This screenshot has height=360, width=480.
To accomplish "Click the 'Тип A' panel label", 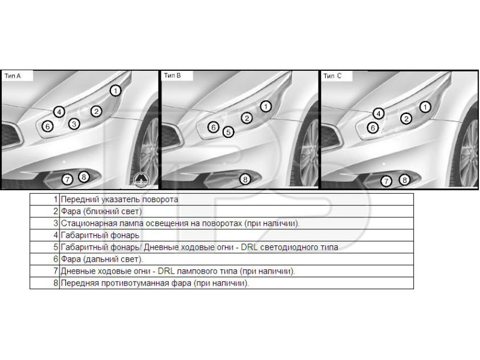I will pos(13,76).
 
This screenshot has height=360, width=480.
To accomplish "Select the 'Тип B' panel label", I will pos(172,76).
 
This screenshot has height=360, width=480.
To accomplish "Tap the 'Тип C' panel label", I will pos(332,76).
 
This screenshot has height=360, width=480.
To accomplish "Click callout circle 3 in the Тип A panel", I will pos(74,124).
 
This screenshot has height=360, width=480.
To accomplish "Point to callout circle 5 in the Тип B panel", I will pos(227,132).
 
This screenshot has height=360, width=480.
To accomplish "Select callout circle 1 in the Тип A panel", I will pos(116,90).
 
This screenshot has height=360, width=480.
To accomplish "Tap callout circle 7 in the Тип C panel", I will pos(387,181).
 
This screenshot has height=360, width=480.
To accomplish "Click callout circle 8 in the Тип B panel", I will pos(244,179).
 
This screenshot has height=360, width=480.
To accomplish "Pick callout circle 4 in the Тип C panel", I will pos(378,113).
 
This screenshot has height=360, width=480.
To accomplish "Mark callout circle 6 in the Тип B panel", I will pos(213,127).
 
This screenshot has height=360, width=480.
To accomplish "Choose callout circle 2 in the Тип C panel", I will pos(406,119).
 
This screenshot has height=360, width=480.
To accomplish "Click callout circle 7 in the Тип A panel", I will pos(67,179).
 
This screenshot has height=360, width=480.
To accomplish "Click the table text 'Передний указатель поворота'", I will pos(119,199).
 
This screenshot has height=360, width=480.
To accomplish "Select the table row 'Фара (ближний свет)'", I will pos(101,211).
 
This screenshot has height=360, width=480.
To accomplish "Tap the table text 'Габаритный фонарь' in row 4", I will pos(100,235).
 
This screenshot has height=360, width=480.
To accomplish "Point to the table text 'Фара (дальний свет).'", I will pos(102,259).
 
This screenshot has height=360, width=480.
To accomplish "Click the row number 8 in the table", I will pos(55,283).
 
